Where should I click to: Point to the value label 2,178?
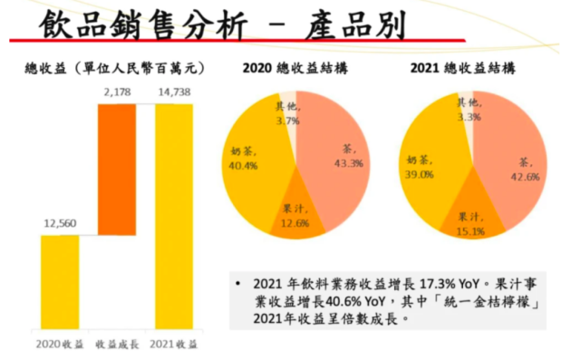pyautogui.click(x=118, y=92)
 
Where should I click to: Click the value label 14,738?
pyautogui.click(x=174, y=92)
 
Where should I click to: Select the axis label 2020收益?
pyautogui.click(x=60, y=345)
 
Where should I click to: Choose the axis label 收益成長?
pyautogui.click(x=118, y=345)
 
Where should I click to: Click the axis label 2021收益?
pyautogui.click(x=175, y=345)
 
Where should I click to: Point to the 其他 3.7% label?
pyautogui.click(x=287, y=112)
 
